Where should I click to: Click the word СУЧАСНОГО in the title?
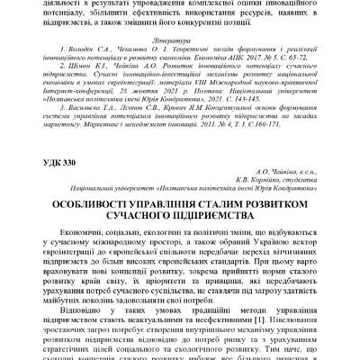point(141,243)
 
